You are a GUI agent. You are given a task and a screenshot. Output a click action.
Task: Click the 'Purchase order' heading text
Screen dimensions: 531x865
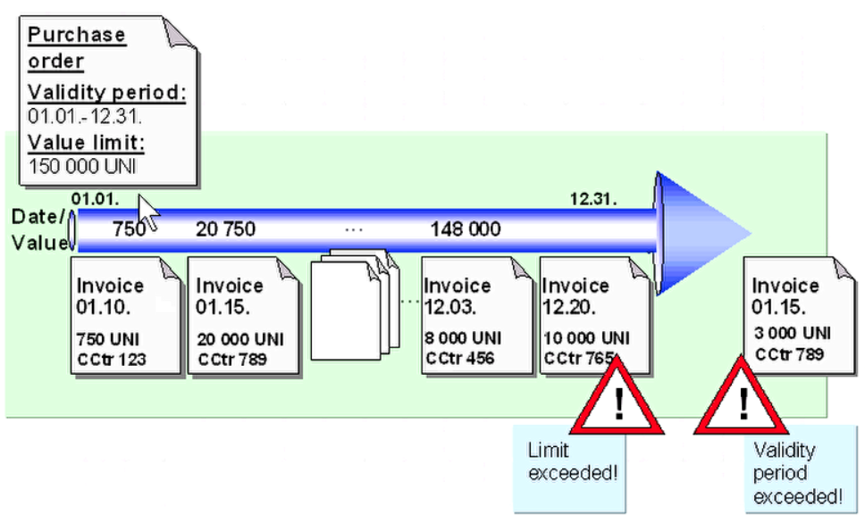76,47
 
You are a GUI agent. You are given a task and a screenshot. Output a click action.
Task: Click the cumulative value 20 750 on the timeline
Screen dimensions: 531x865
225,229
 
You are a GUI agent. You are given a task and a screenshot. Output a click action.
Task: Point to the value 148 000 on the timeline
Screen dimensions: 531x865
465,229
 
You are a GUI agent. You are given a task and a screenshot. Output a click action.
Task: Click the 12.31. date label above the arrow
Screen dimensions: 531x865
593,199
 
